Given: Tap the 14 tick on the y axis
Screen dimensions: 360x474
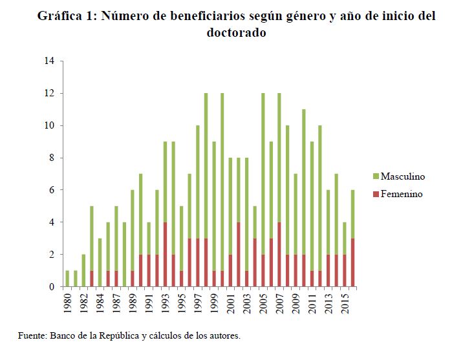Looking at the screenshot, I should click(x=49, y=61).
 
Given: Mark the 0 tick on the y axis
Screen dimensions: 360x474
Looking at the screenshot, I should click(x=52, y=286).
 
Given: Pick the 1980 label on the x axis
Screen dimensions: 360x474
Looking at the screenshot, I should click(x=68, y=303).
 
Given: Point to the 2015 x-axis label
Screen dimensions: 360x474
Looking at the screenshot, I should click(x=345, y=303).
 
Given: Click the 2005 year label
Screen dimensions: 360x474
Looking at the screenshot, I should click(x=263, y=303).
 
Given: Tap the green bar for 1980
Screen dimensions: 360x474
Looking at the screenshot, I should click(x=67, y=279).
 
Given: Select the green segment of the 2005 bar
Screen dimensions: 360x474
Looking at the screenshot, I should click(x=263, y=174).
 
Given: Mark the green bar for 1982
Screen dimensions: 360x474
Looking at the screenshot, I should click(x=83, y=271).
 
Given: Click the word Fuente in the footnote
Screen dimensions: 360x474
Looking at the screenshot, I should click(x=30, y=336).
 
